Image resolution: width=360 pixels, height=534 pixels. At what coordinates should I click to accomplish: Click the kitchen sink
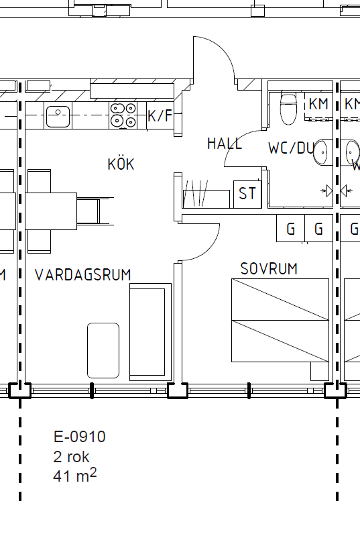pyautogui.click(x=58, y=115)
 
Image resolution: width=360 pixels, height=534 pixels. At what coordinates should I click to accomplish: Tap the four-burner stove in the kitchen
pyautogui.click(x=123, y=115)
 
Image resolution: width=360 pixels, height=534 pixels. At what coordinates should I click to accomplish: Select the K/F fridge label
pyautogui.click(x=160, y=116)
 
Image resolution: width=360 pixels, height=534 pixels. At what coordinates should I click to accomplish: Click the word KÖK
pyautogui.click(x=121, y=164)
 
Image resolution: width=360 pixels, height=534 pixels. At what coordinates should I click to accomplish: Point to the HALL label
pyautogui.click(x=225, y=144)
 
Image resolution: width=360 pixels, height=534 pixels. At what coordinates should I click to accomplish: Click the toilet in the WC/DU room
pyautogui.click(x=288, y=108)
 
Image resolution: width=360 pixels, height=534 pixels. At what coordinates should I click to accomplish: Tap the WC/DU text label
pyautogui.click(x=291, y=148)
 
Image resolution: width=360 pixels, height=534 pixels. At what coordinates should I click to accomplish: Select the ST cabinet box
pyautogui.click(x=247, y=194)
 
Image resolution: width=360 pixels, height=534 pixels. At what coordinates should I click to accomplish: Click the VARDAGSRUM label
pyautogui.click(x=82, y=274)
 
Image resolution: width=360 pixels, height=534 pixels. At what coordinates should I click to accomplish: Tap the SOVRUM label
pyautogui.click(x=269, y=269)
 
